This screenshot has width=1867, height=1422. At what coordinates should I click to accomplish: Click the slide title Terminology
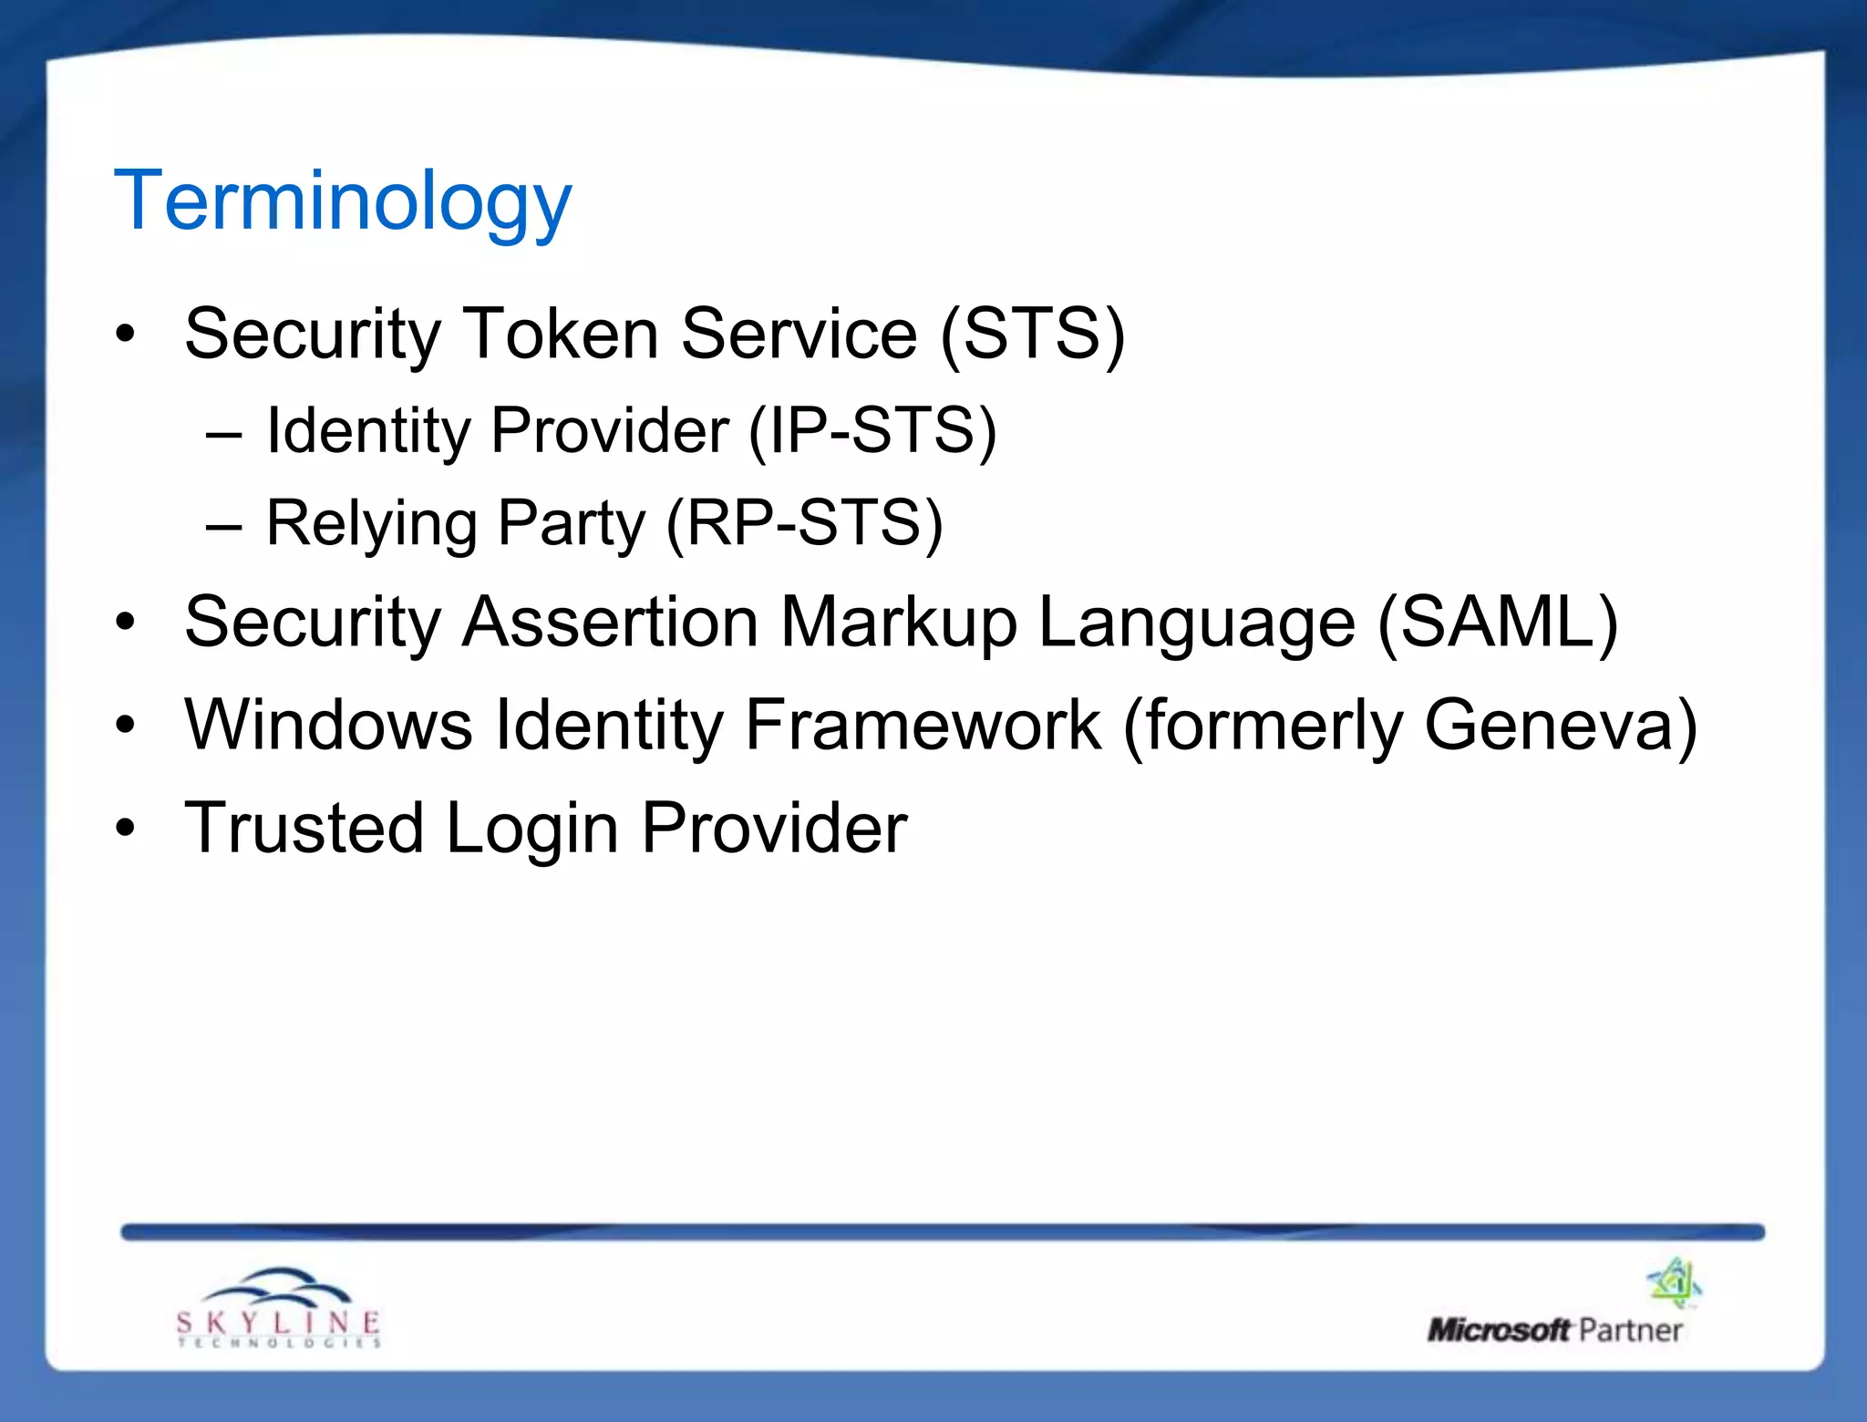coord(342,202)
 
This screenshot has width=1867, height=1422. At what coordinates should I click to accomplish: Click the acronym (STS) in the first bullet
coord(1033,335)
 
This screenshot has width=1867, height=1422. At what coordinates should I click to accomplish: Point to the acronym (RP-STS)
coord(804,524)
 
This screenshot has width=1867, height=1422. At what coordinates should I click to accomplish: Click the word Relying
coord(371,525)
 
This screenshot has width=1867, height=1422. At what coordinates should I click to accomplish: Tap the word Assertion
coord(610,623)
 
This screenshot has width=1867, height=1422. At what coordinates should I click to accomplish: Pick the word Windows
coord(328,725)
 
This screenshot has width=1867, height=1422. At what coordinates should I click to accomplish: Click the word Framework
coord(923,725)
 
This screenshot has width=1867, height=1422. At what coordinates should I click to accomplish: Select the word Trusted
coord(304,828)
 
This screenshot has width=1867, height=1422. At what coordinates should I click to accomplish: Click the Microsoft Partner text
coord(1554,1330)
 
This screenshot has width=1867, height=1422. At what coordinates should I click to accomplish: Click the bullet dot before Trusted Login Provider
coord(126,828)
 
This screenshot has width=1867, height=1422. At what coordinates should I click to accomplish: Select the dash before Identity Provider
coord(224,435)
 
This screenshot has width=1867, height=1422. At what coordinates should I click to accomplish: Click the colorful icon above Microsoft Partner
coord(1674,1283)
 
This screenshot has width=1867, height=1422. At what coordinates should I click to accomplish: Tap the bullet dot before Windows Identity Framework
coord(126,726)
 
